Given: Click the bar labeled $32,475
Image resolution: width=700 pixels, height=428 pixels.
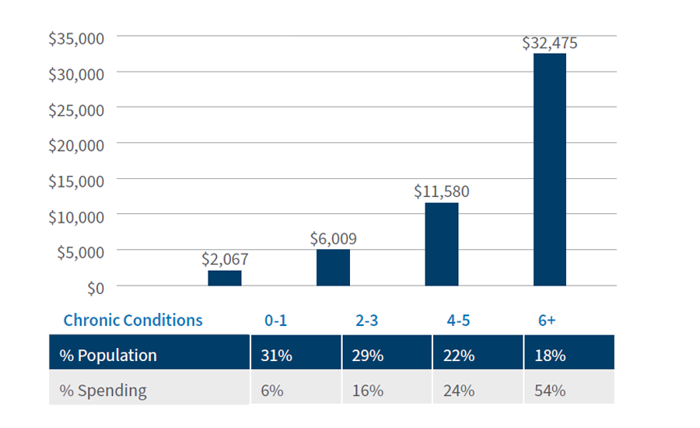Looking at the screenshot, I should pyautogui.click(x=550, y=170).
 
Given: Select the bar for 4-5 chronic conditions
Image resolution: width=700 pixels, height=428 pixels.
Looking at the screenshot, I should pyautogui.click(x=441, y=244).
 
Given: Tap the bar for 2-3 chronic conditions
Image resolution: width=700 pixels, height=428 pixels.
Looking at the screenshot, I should pyautogui.click(x=333, y=268).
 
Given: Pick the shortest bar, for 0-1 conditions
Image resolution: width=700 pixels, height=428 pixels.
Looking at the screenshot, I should pyautogui.click(x=224, y=278).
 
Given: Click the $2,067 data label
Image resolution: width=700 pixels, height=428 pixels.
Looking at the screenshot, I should pyautogui.click(x=224, y=259).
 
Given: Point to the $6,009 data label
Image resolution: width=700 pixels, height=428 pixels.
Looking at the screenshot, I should pyautogui.click(x=333, y=239).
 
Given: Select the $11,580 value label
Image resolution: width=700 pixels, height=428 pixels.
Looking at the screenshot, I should pyautogui.click(x=441, y=191).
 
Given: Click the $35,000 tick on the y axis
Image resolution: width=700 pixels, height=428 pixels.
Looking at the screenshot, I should pyautogui.click(x=76, y=38).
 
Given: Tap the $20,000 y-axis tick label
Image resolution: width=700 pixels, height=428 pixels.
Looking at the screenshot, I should pyautogui.click(x=76, y=145).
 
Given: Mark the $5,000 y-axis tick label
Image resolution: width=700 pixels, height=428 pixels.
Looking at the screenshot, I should pyautogui.click(x=80, y=252).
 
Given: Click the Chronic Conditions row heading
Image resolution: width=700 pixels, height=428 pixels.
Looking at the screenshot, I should pyautogui.click(x=133, y=321).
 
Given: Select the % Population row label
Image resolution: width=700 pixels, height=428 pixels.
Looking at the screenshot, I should pyautogui.click(x=108, y=356).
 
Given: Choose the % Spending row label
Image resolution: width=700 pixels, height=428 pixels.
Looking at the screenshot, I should pyautogui.click(x=103, y=390).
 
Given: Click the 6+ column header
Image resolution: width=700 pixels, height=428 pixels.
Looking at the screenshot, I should pyautogui.click(x=546, y=321).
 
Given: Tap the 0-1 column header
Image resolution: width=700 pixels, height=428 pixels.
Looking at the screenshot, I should pyautogui.click(x=275, y=321).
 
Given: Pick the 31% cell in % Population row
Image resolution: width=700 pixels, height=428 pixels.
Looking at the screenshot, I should pyautogui.click(x=277, y=356).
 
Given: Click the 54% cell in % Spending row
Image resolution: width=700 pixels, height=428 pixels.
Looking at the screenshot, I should pyautogui.click(x=549, y=390).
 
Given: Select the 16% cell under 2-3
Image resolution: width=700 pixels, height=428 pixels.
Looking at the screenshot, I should pyautogui.click(x=368, y=390).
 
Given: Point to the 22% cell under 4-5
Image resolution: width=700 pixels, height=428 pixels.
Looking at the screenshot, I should pyautogui.click(x=458, y=356).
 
